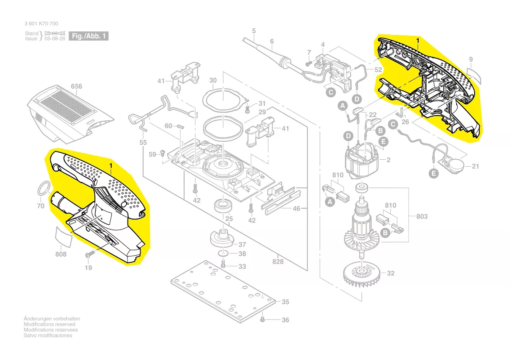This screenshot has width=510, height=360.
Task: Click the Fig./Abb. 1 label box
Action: point(89,36)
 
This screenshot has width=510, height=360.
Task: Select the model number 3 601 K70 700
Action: point(41,24)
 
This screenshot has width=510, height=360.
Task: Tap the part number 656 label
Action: point(76,86)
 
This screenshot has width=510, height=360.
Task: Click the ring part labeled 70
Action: point(42,188)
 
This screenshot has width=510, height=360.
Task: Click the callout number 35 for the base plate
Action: point(285,302)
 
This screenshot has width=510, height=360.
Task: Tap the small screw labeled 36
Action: point(262,319)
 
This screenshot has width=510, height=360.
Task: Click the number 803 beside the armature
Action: point(422,216)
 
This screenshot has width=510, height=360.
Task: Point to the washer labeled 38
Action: point(223,254)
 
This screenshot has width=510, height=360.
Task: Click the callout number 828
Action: point(278,261)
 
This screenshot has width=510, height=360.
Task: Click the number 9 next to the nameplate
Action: point(471,59)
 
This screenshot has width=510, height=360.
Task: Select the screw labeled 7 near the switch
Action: point(307,62)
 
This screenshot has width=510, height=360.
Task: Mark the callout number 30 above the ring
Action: point(213,80)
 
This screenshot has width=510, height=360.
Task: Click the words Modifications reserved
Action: point(49,324)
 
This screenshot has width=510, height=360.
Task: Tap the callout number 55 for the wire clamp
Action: point(143,143)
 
